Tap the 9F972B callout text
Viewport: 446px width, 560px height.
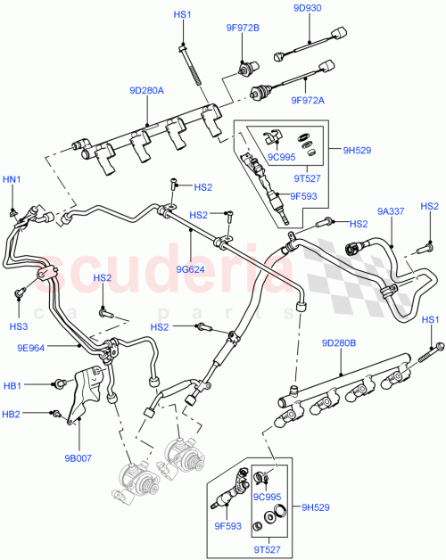[x=242, y=27]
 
